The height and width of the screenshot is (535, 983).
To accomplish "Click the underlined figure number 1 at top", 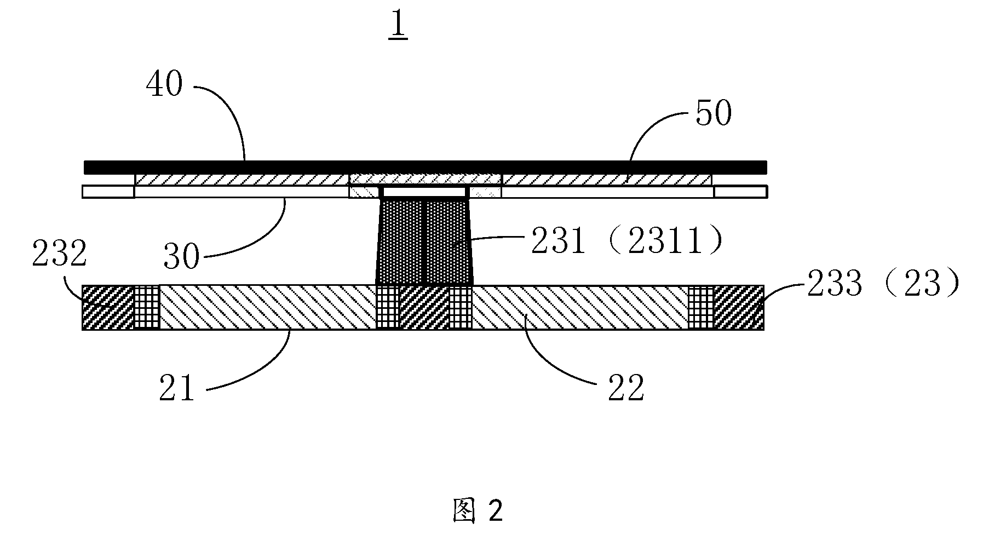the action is point(398,26).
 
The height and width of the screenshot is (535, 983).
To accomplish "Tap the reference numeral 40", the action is point(164,85).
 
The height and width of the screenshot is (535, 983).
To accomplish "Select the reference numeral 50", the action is point(714,114).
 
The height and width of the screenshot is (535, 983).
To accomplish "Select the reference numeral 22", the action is point(626,388).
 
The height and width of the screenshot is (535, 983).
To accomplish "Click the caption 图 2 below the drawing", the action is point(478,511).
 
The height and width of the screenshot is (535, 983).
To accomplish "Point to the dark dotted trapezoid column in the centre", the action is point(424,241).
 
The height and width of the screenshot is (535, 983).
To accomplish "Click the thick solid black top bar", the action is point(425,166).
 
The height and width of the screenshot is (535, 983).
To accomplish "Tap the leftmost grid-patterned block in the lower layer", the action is point(147,307).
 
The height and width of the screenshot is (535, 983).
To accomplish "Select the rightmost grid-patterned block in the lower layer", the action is point(701,307).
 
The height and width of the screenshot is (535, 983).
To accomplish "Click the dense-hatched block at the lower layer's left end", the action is point(108,307).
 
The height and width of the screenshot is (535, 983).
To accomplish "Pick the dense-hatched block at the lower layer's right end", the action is point(739,307).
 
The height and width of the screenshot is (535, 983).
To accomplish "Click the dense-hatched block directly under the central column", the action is point(424,307).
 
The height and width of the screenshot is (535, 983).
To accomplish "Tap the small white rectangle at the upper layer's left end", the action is point(108,192).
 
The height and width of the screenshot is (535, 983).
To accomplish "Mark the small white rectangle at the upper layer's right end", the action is point(740,192).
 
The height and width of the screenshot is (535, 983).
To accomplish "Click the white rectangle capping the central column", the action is point(424,192).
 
